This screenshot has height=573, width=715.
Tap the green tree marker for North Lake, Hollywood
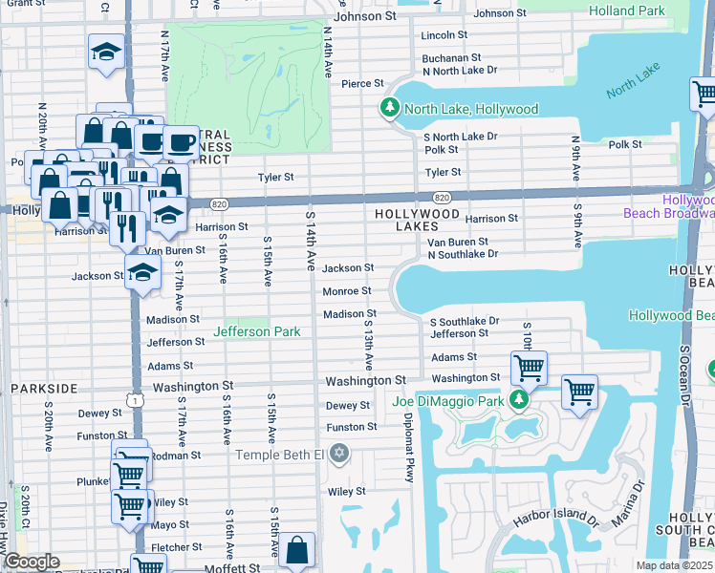coord(389,108)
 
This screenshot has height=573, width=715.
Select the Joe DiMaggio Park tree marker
coord(519,400)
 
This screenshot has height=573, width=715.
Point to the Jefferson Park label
coord(257,331)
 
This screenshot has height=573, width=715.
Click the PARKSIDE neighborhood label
coord(44,389)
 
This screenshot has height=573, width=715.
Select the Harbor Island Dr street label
coord(555,520)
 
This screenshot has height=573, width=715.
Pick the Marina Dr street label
coord(636,495)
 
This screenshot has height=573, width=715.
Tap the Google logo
coord(31,562)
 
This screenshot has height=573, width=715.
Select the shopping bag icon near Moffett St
coord(298,551)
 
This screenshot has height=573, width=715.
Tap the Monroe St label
coord(346,291)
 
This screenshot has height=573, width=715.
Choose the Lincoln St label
coord(444,34)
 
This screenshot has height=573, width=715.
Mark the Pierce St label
coord(362,84)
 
